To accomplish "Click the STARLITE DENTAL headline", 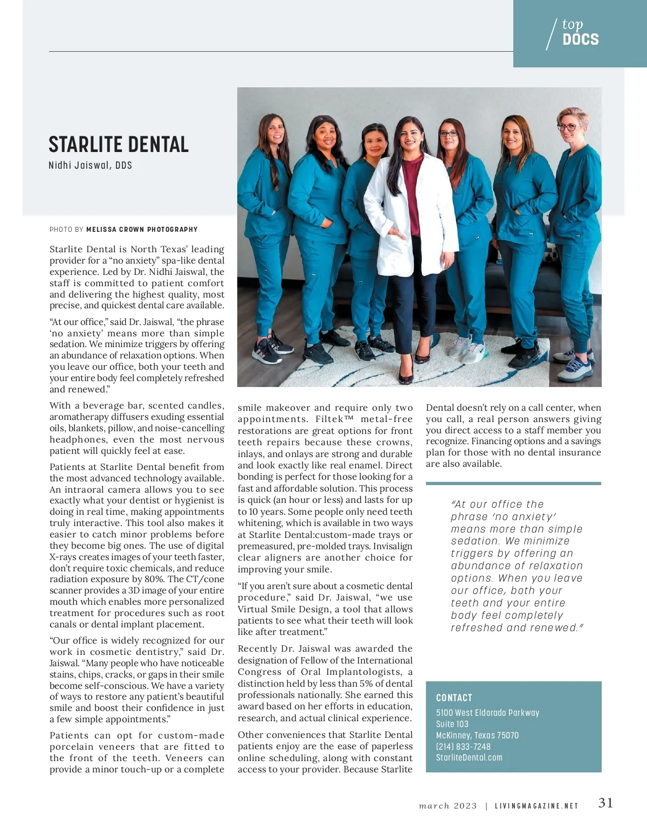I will [119, 144].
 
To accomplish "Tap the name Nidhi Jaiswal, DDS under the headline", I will [90, 165].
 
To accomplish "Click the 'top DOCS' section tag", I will [580, 33].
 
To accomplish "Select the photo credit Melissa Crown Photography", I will [142, 230].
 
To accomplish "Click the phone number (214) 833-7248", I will [463, 747].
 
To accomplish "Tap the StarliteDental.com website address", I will [469, 757].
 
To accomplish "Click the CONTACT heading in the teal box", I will [454, 697].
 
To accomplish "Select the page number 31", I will [605, 803].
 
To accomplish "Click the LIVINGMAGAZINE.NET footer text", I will [536, 806].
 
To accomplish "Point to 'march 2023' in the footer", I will [448, 806].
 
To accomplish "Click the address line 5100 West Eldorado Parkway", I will [487, 713].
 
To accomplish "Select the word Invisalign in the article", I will [393, 546].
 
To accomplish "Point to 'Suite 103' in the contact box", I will [452, 724].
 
